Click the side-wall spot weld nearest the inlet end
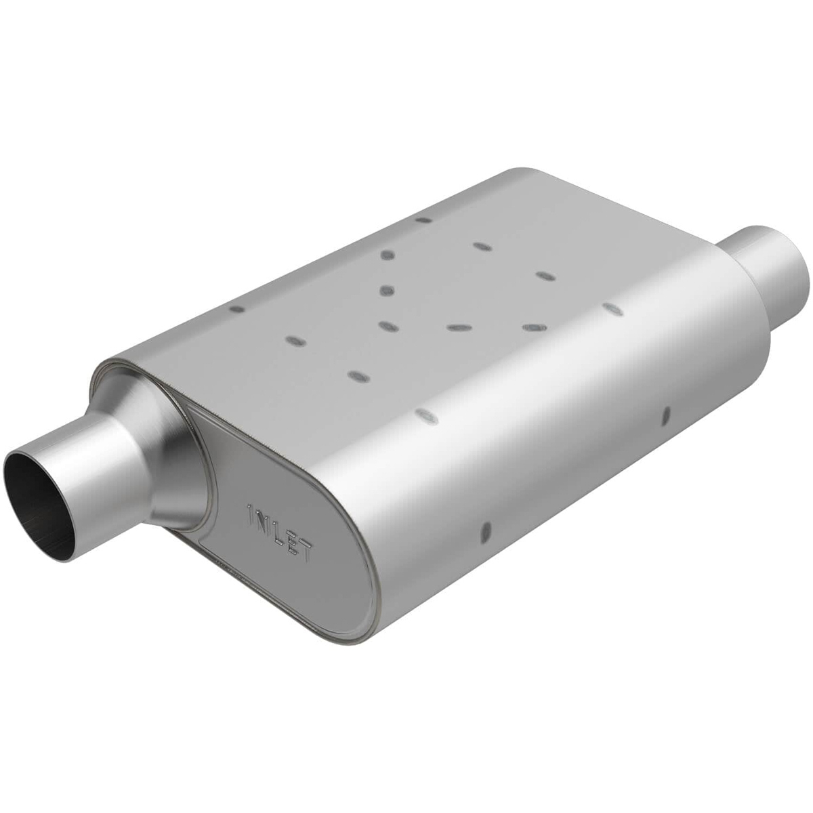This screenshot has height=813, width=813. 484,532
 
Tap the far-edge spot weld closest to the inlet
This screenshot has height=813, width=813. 237,309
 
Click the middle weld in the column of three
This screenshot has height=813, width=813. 387,291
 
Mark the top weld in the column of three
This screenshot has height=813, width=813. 388,255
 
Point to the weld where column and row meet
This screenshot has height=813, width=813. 387,327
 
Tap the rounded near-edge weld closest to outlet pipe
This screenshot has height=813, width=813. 612,309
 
